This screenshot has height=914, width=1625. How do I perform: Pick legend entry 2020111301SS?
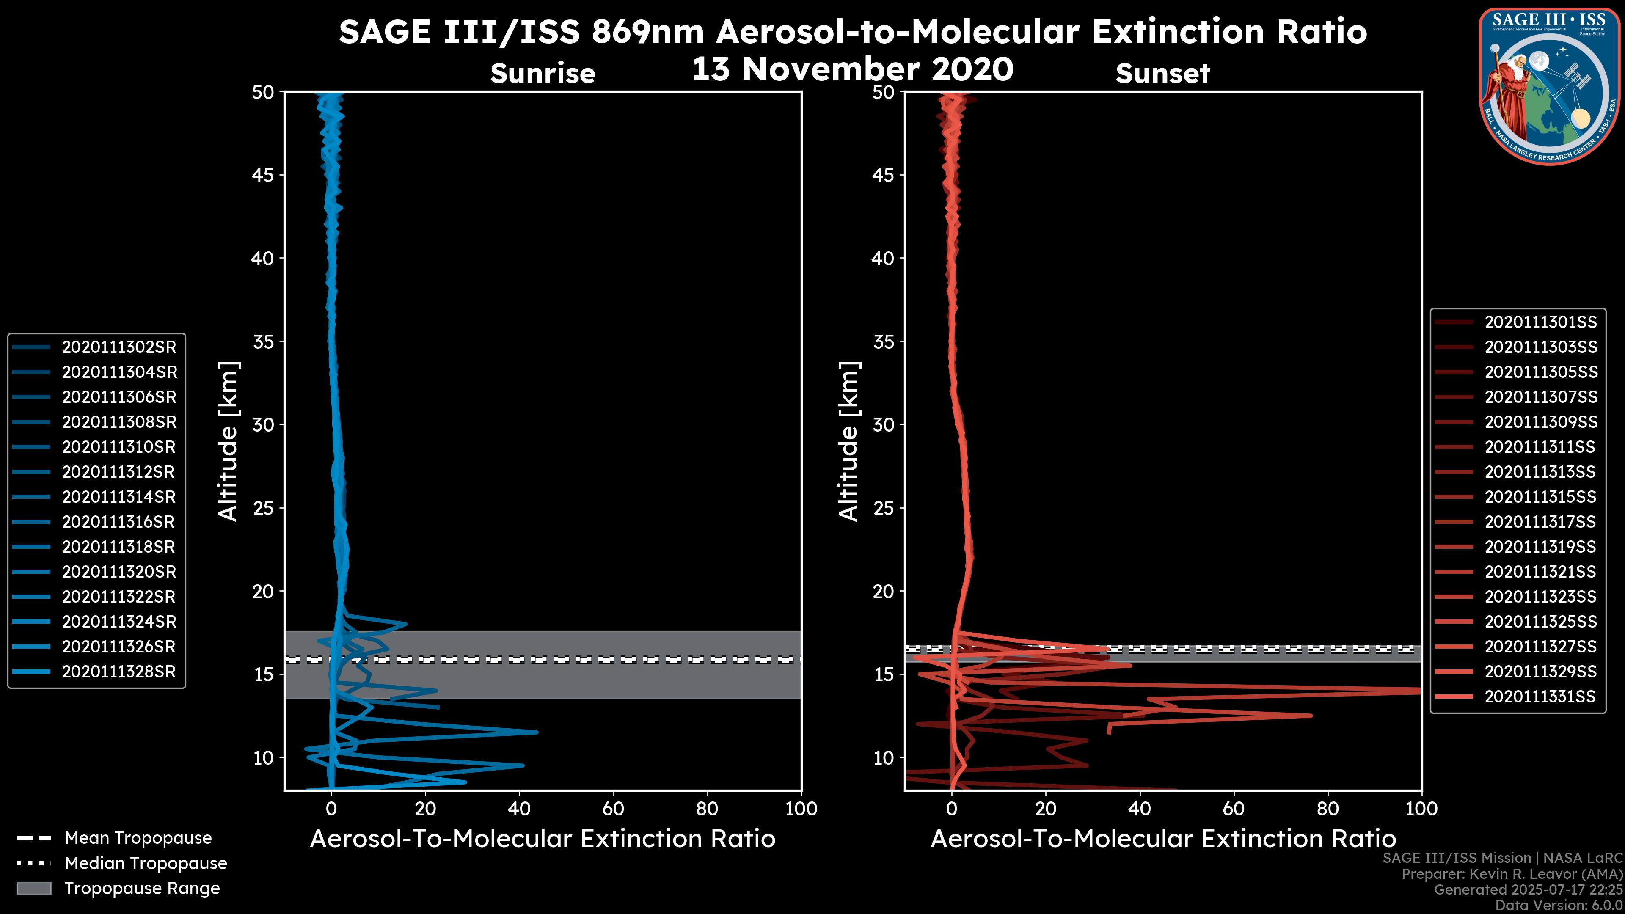(x=1540, y=322)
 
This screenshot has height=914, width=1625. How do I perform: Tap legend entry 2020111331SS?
(x=1540, y=697)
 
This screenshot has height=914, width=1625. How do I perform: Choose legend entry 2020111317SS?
(x=1540, y=522)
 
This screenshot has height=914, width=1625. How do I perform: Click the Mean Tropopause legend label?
(x=138, y=838)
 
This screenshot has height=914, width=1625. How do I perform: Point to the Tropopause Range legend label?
(x=142, y=888)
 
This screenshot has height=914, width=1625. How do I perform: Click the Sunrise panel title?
(x=543, y=74)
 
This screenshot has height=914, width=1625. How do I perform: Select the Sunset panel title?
(x=1162, y=74)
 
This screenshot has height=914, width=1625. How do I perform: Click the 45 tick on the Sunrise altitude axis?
(x=263, y=175)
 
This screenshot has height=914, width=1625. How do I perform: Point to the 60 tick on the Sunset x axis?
(x=1233, y=809)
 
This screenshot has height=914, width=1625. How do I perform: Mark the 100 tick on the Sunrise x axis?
(x=801, y=809)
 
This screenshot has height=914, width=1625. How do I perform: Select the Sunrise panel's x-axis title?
(x=543, y=839)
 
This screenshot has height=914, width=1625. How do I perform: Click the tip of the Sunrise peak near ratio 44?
(x=537, y=732)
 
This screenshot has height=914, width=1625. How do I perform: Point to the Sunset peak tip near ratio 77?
(x=1311, y=715)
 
